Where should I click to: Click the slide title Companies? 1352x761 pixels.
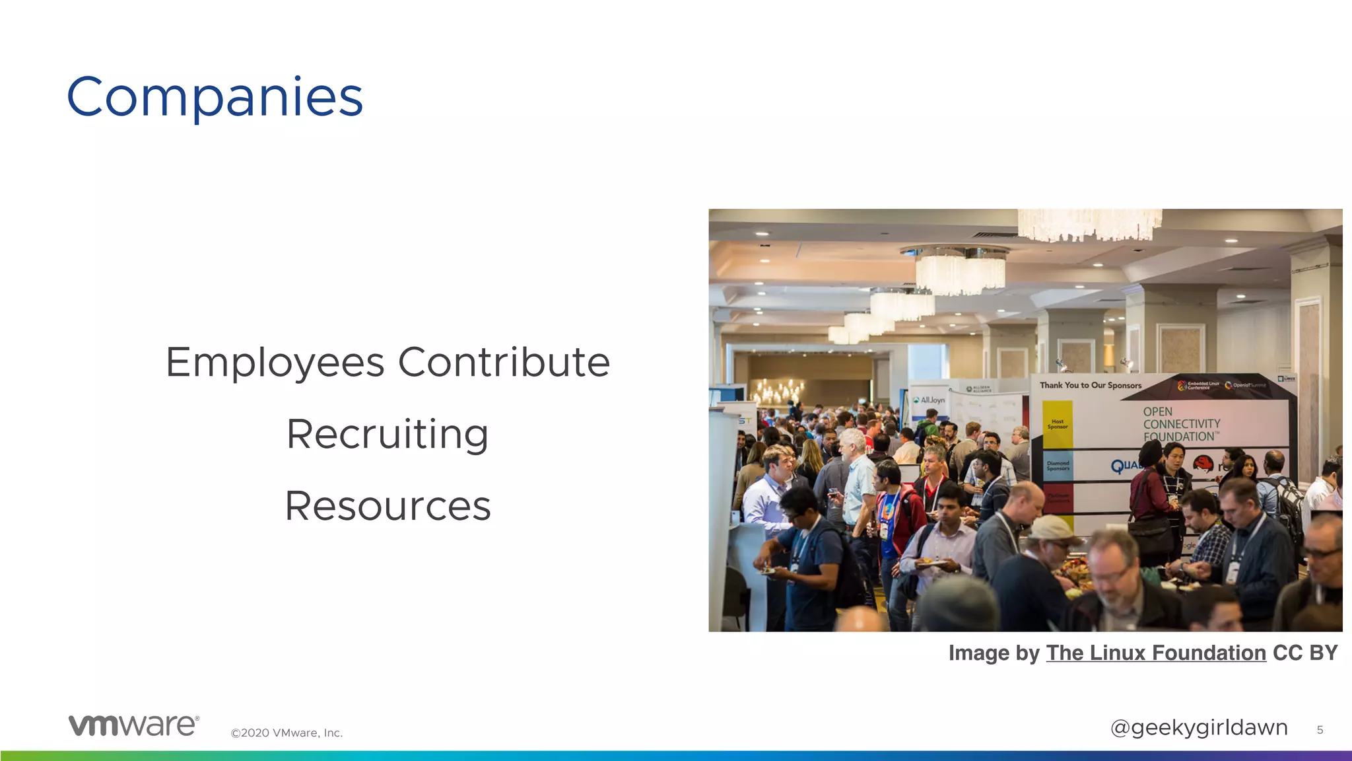[215, 98]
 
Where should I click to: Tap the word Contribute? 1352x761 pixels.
[504, 363]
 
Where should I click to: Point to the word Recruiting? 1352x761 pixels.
[388, 435]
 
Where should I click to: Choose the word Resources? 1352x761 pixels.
[388, 506]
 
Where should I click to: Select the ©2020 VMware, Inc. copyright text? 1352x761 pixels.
[287, 733]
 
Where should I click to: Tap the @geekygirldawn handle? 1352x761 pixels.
[1199, 727]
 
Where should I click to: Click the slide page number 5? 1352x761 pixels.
[1320, 730]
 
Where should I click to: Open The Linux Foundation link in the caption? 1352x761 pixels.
[1156, 653]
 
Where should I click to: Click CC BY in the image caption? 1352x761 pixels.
[1305, 653]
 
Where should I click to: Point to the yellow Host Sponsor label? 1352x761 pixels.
[1058, 424]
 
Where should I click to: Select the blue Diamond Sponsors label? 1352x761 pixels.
[1058, 466]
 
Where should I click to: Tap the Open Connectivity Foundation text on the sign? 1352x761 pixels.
[1181, 424]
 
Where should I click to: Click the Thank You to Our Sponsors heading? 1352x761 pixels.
[1091, 385]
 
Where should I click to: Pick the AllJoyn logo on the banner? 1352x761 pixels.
[929, 400]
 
